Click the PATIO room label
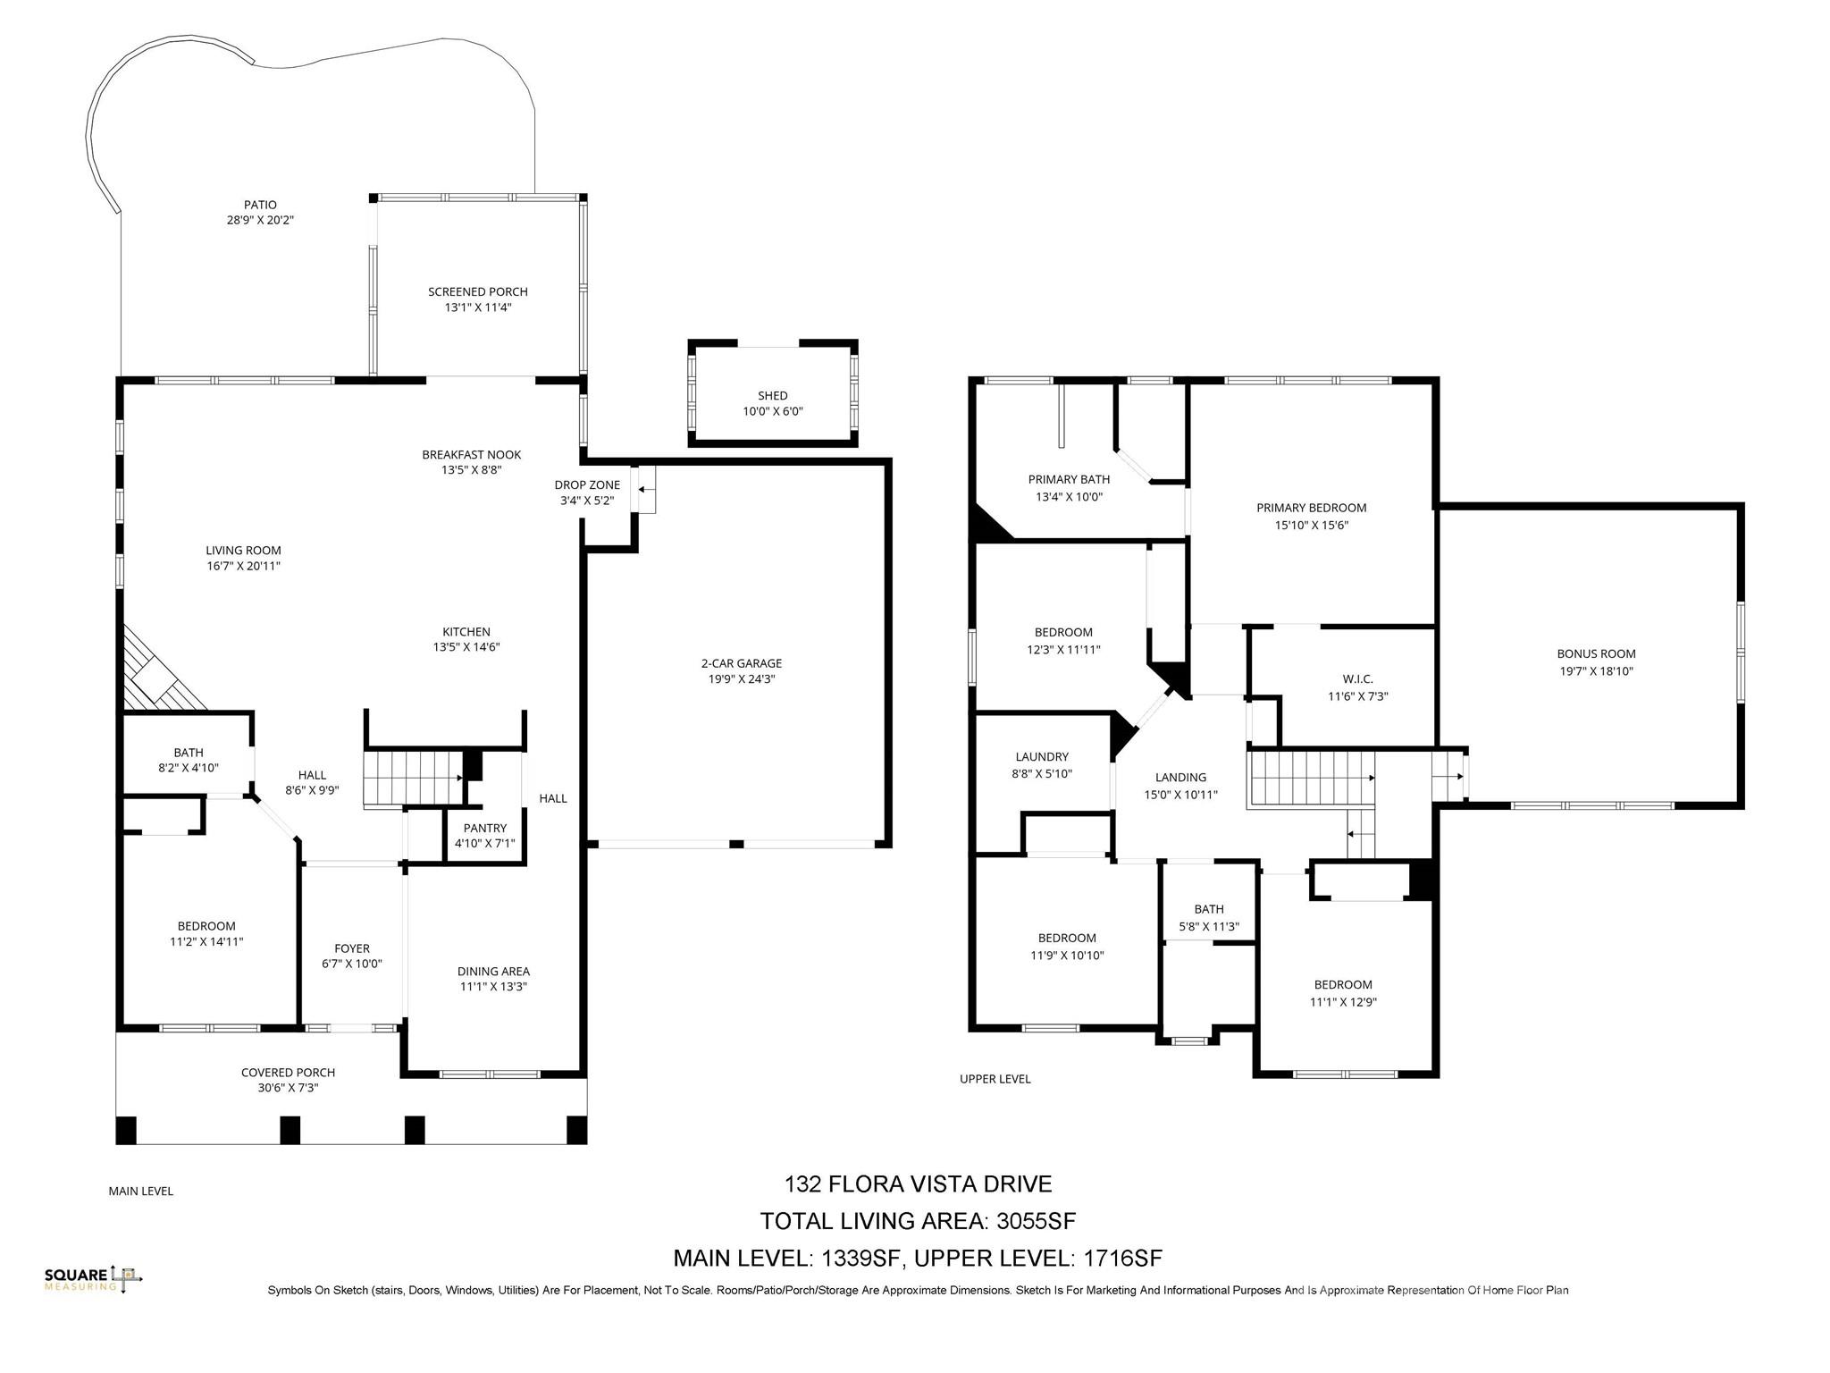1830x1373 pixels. (x=260, y=205)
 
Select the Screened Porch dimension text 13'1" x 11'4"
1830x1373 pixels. (x=478, y=307)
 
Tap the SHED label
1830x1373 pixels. (x=772, y=395)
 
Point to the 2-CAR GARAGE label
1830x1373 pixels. (x=741, y=663)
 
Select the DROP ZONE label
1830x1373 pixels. (x=587, y=484)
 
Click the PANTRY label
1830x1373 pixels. (x=485, y=828)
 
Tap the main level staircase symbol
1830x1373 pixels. (x=412, y=779)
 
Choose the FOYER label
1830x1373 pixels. (x=352, y=948)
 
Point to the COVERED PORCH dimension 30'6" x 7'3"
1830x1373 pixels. (x=288, y=1088)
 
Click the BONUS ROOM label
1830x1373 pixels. (x=1596, y=653)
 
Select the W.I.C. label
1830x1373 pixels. (x=1357, y=679)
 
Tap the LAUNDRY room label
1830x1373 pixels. (x=1042, y=756)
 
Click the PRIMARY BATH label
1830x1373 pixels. (x=1069, y=479)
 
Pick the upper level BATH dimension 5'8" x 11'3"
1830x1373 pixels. (x=1209, y=927)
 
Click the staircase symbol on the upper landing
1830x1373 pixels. (x=1310, y=778)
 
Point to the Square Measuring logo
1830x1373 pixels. (x=93, y=1278)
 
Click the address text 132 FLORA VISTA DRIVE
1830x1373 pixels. (x=918, y=1183)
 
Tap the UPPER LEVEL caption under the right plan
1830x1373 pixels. (x=995, y=1079)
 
